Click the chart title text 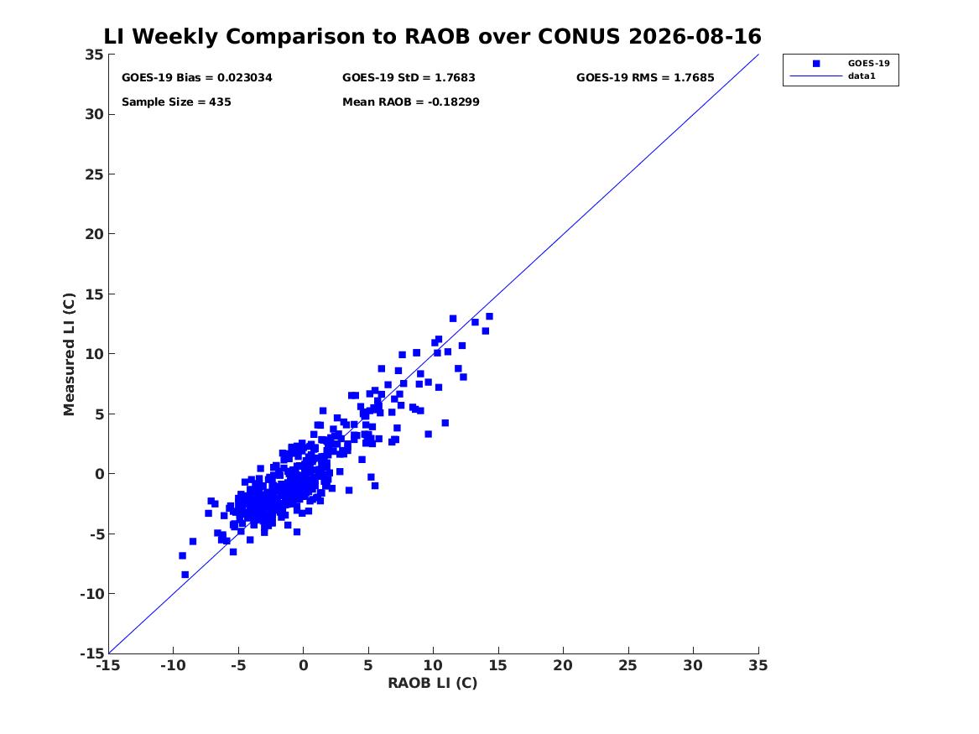pos(432,36)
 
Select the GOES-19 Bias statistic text pos(196,78)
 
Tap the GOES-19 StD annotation pos(409,78)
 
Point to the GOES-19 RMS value pos(645,78)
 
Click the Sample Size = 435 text pos(176,102)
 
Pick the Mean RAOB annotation pos(411,102)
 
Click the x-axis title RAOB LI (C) pos(433,683)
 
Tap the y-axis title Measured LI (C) pos(69,354)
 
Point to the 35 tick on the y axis pos(94,55)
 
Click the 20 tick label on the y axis pos(94,234)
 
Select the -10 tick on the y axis pos(91,594)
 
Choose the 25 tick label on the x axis pos(627,665)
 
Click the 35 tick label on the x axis pos(758,665)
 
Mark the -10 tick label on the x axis pos(173,665)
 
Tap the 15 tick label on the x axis pos(497,665)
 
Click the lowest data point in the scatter pos(185,575)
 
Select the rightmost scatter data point pos(489,316)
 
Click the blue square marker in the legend pos(816,64)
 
